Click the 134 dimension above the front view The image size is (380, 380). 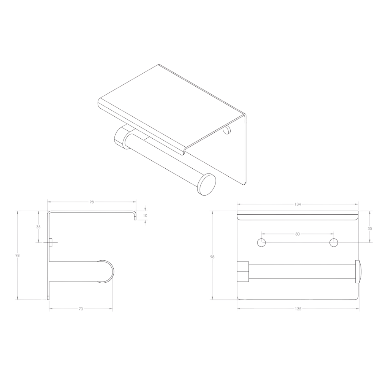click(298, 204)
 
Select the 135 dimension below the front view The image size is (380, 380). click(298, 309)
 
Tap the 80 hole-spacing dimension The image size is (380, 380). click(298, 234)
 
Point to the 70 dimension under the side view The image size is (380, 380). click(81, 309)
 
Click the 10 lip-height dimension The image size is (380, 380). click(145, 215)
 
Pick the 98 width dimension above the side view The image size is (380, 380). click(92, 202)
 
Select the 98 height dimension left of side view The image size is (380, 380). click(17, 255)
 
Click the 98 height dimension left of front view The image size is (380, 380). click(212, 257)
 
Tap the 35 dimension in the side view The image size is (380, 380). click(38, 227)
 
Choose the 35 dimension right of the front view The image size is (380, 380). click(370, 228)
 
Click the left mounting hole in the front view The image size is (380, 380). click(261, 242)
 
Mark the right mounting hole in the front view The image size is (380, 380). click(334, 242)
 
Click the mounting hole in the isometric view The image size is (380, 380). click(227, 130)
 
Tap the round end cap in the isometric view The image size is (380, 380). click(206, 184)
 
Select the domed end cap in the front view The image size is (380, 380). click(358, 272)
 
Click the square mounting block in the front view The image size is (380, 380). click(243, 272)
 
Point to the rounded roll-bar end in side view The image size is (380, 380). click(106, 271)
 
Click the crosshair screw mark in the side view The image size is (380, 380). click(51, 242)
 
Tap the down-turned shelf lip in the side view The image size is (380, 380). click(135, 216)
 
